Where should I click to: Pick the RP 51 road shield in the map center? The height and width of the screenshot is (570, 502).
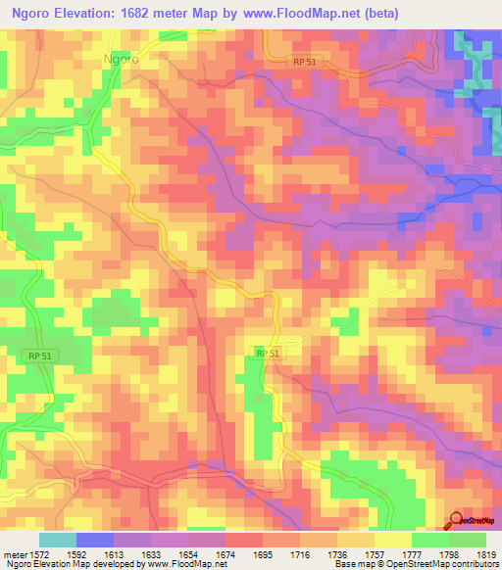pyautogui.click(x=268, y=353)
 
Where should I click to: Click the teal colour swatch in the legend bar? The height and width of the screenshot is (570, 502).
pyautogui.click(x=57, y=540)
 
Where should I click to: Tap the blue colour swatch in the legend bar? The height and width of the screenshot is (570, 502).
pyautogui.click(x=95, y=540)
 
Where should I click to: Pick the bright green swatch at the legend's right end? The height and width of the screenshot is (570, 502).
pyautogui.click(x=468, y=540)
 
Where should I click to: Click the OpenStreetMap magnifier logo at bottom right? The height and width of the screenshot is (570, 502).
pyautogui.click(x=457, y=521)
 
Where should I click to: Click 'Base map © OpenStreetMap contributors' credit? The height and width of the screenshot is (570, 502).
pyautogui.click(x=415, y=564)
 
